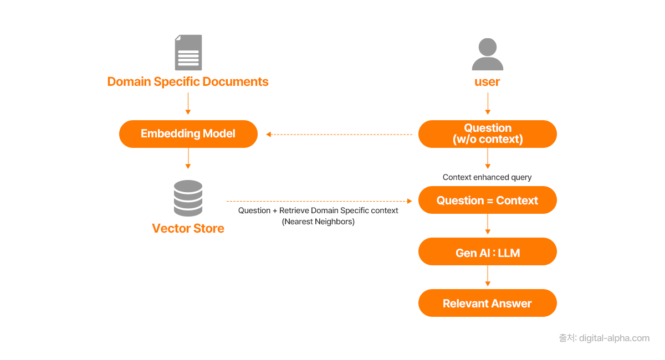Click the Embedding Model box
188,134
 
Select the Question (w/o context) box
488,134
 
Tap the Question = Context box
488,200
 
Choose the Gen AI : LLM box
488,253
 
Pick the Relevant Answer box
488,304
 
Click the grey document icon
188,53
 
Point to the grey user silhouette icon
488,54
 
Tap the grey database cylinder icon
188,198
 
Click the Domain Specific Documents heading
188,82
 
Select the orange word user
487,82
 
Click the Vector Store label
188,229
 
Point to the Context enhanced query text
487,177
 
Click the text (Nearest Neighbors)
318,222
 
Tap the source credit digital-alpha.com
604,338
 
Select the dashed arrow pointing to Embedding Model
339,134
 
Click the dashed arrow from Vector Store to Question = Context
318,201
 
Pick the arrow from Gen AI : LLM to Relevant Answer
488,276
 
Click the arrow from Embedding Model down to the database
188,158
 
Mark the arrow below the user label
488,103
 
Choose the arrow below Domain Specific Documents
188,104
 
